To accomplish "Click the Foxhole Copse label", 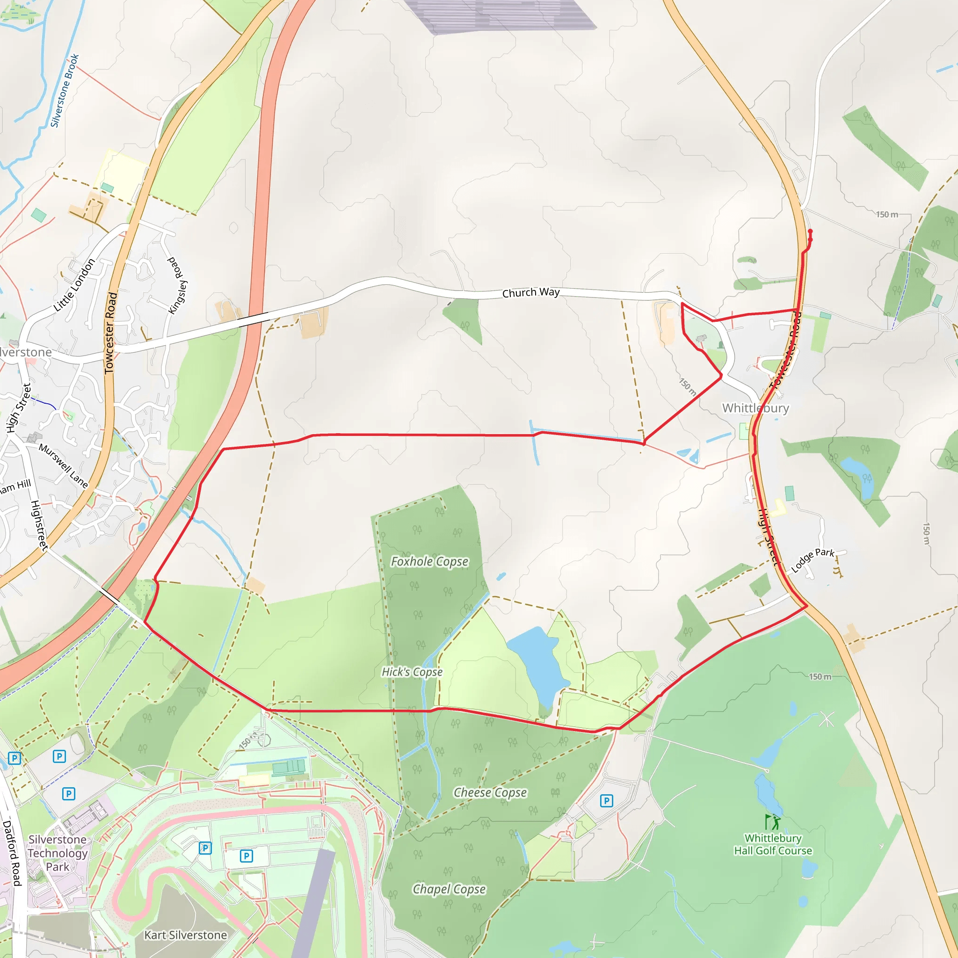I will click(429, 561).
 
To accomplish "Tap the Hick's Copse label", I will click(412, 672).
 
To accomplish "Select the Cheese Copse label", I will click(490, 792).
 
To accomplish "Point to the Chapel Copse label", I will click(449, 889).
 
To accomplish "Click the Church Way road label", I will click(530, 292).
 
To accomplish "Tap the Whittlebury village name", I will click(755, 408).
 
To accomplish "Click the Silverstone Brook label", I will click(65, 90).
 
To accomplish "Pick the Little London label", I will click(74, 285).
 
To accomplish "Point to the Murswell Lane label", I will click(64, 465).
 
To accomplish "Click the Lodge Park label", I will click(813, 560).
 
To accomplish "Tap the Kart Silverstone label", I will click(185, 935).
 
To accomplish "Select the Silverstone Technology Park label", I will click(58, 853).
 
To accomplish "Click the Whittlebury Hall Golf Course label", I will click(773, 844).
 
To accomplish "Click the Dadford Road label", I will click(12, 853).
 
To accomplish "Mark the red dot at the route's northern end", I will click(810, 231).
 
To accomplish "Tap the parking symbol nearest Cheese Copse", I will click(606, 801).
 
